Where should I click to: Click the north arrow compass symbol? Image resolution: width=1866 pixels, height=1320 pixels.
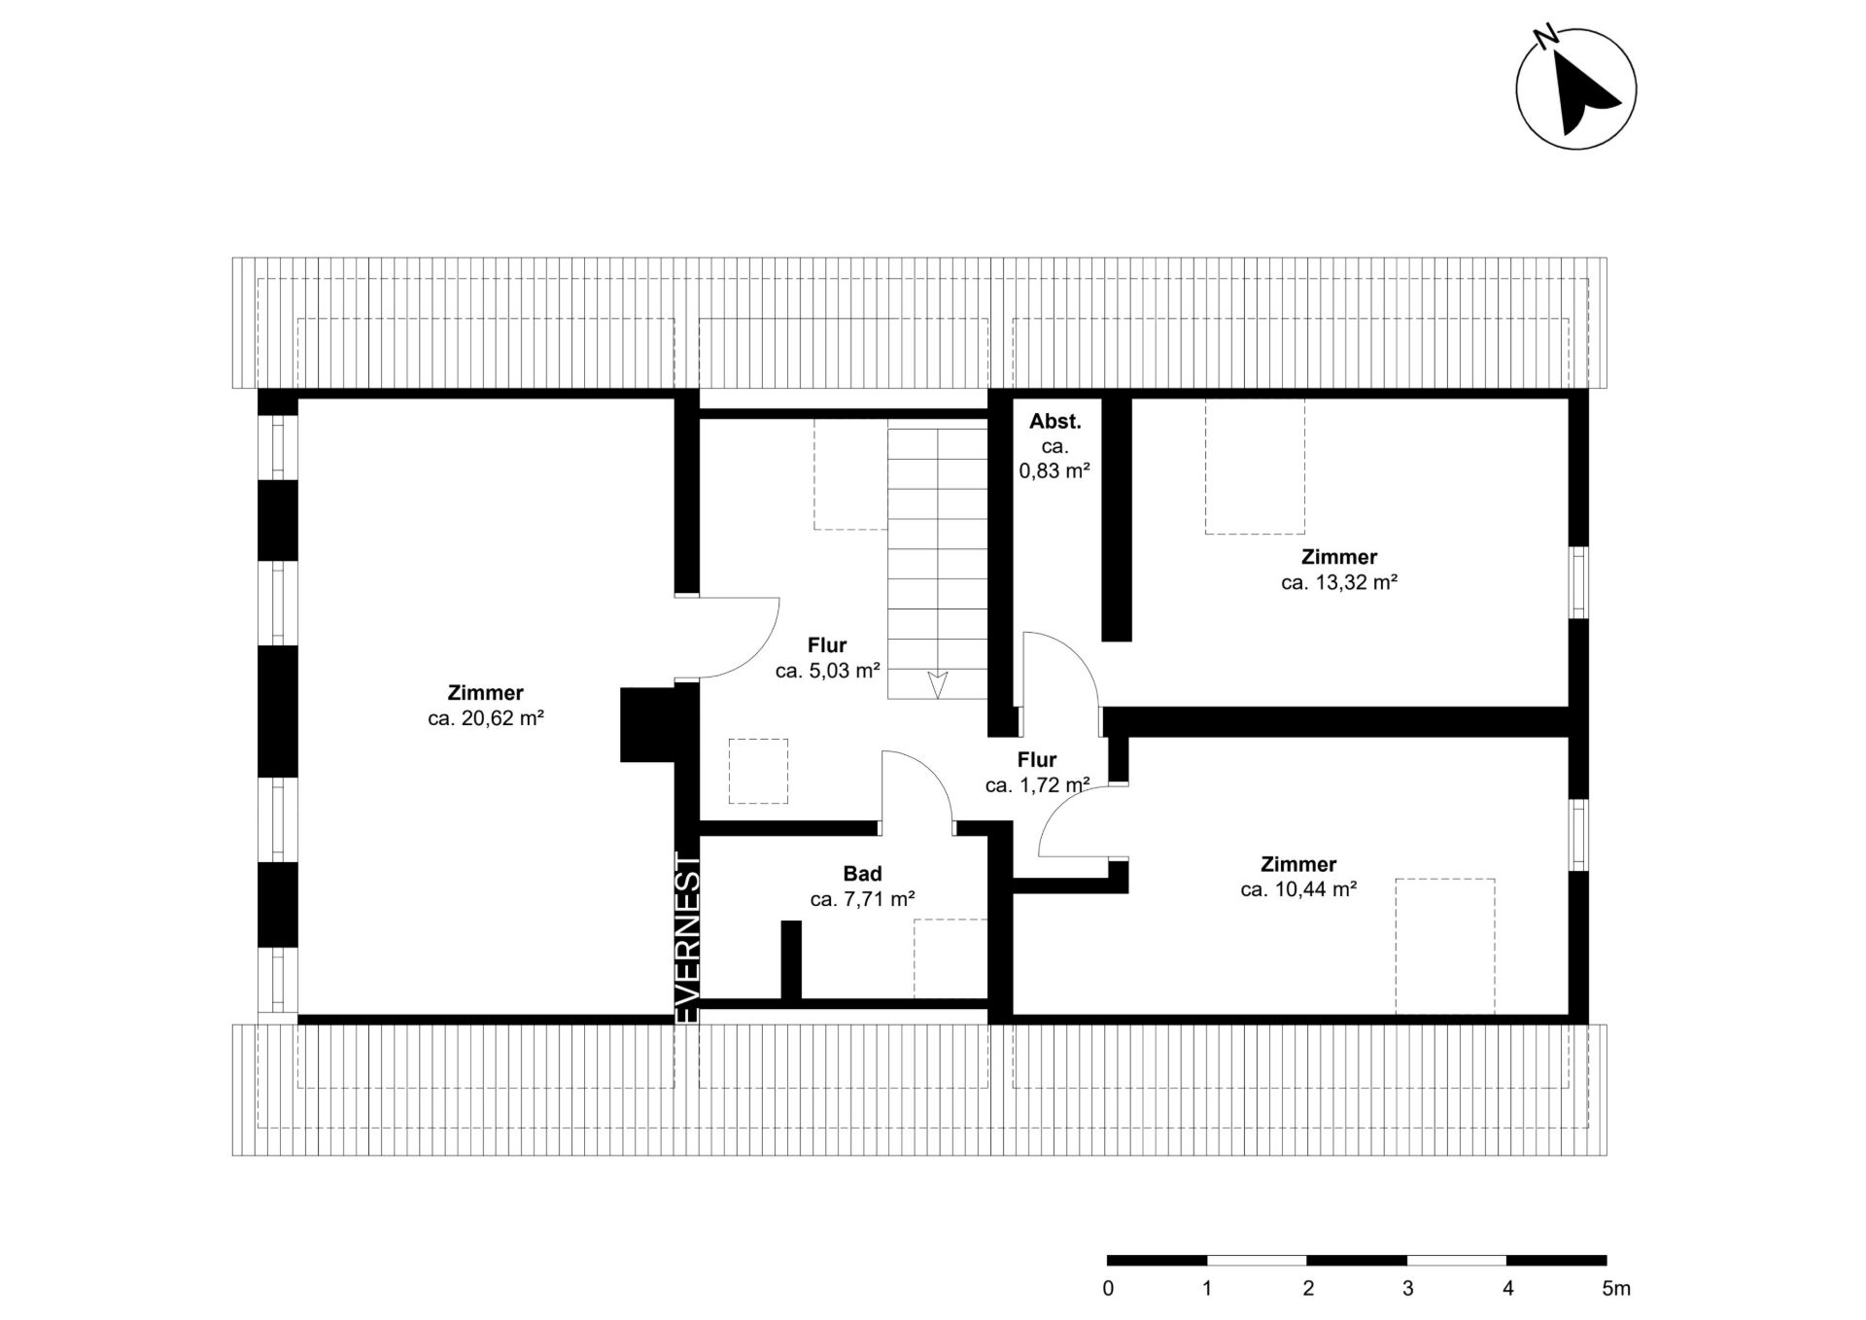click(x=1575, y=88)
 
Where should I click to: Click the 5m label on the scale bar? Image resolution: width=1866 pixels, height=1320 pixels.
click(x=1616, y=1289)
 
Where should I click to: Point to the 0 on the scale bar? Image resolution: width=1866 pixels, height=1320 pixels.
click(x=1108, y=1289)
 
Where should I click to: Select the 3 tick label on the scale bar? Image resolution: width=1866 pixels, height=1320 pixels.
click(x=1407, y=1289)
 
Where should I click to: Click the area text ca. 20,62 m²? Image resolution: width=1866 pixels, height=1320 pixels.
click(x=485, y=719)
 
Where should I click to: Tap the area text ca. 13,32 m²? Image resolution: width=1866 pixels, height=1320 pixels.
click(x=1339, y=583)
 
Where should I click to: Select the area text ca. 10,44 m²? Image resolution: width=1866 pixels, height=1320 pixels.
click(x=1298, y=889)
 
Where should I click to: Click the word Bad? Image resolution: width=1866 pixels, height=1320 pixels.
click(x=862, y=874)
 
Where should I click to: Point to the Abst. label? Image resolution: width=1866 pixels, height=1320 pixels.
click(x=1054, y=422)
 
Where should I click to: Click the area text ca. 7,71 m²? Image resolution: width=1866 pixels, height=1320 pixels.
click(x=862, y=900)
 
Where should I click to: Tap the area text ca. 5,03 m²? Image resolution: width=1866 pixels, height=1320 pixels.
click(x=827, y=671)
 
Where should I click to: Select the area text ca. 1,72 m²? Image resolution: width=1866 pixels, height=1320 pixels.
click(x=1037, y=785)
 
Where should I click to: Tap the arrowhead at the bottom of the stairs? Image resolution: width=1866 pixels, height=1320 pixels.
click(x=937, y=685)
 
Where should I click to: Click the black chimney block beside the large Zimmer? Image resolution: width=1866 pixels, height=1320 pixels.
click(x=648, y=724)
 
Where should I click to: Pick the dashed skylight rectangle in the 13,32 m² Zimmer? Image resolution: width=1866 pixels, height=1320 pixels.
click(x=1255, y=467)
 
